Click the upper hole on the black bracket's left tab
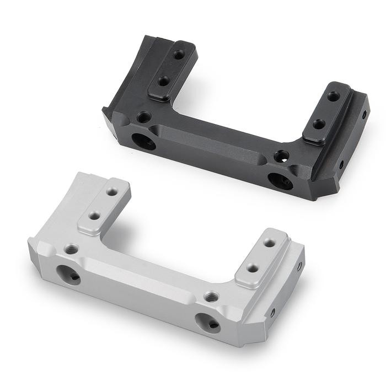click(179, 55)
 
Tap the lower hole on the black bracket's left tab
click(163, 81)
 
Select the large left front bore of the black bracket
click(143, 141)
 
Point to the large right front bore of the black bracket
click(280, 180)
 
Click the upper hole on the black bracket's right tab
click(334, 96)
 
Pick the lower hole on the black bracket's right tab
click(319, 124)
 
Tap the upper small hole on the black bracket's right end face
click(364, 115)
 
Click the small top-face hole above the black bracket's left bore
click(144, 117)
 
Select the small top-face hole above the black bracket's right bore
click(281, 156)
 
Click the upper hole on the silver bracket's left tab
click(112, 192)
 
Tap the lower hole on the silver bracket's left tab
click(95, 216)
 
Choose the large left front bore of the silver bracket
click(68, 274)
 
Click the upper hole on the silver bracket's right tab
click(269, 242)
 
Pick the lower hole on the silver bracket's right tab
click(253, 268)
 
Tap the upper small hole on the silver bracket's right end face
click(299, 265)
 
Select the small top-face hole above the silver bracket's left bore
click(71, 249)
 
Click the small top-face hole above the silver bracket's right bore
click(211, 297)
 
